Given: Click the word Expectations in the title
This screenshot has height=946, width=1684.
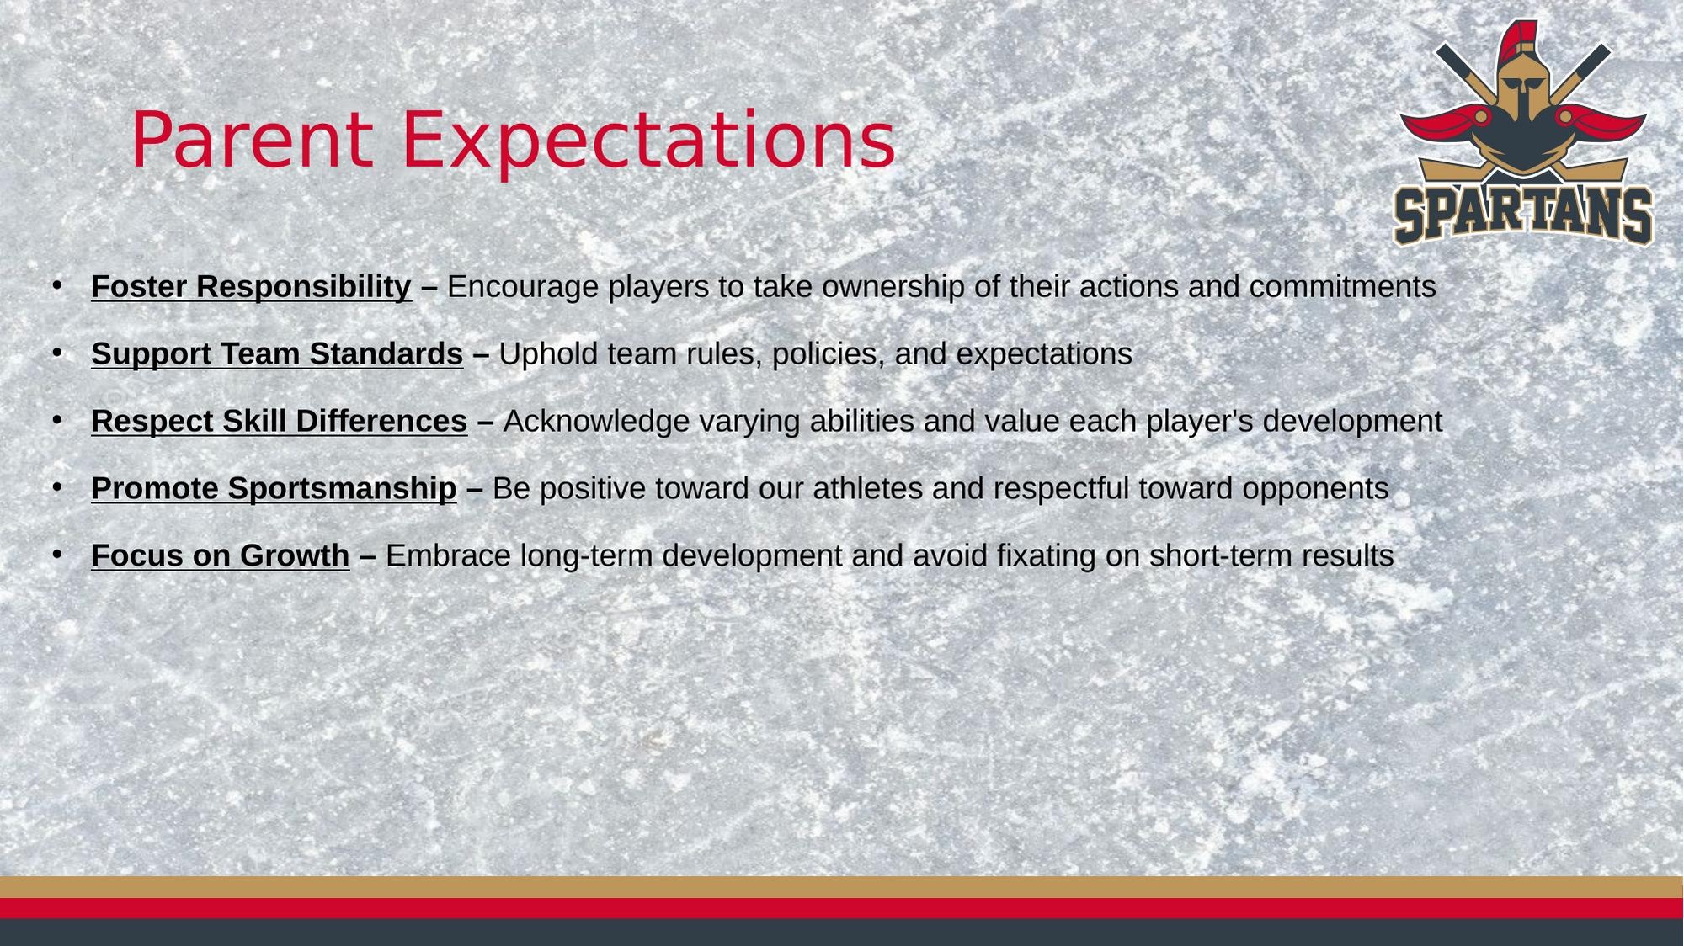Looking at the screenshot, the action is coord(648,141).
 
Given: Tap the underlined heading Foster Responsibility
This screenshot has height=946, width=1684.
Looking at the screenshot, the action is coord(251,287).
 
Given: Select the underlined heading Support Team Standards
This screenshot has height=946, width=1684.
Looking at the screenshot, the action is coord(277,354).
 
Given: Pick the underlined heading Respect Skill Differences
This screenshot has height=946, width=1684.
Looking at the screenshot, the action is coord(279,422).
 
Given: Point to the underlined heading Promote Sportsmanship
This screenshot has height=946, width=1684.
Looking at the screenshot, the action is coord(274,489).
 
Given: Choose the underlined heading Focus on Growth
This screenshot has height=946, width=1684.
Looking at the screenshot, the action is coord(220,556).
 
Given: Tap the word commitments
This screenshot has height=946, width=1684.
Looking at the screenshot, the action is coord(1343,287).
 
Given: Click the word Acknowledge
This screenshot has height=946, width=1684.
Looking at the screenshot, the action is coord(596,422).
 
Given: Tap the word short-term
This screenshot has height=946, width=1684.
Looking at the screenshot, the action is coord(1221,556).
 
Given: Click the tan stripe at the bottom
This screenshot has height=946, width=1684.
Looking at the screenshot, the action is coord(842,887).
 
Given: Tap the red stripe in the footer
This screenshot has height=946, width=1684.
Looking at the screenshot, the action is coord(842,908).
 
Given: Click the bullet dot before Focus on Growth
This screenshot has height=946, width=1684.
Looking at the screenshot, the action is coord(57,555).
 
